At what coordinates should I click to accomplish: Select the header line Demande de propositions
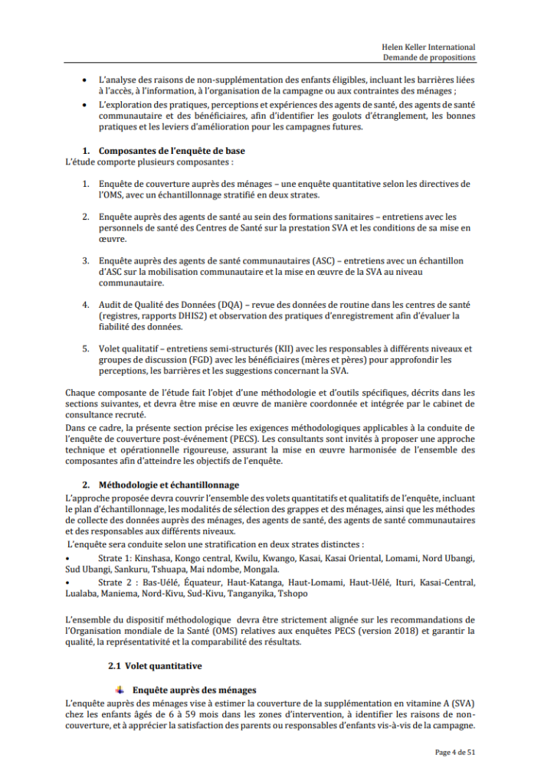point(429,57)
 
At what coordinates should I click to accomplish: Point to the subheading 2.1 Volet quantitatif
point(155,666)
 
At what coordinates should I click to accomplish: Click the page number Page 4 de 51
point(455,753)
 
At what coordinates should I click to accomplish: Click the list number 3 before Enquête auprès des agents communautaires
point(86,260)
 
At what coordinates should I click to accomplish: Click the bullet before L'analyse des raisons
point(84,80)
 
